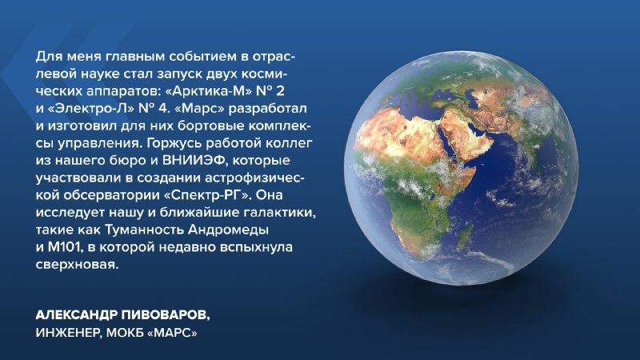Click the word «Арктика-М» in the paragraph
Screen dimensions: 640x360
(212, 91)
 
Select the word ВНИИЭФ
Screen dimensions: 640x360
(194, 161)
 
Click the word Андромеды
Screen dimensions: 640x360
(228, 230)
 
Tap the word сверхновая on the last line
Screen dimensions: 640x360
(77, 265)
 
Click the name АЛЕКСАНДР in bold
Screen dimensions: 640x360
(76, 315)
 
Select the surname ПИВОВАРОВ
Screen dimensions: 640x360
(166, 315)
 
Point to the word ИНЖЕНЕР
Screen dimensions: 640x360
(68, 333)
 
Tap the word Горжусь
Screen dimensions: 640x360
(174, 143)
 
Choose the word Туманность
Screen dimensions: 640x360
(145, 230)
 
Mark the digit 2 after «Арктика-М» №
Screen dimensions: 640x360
(280, 91)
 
